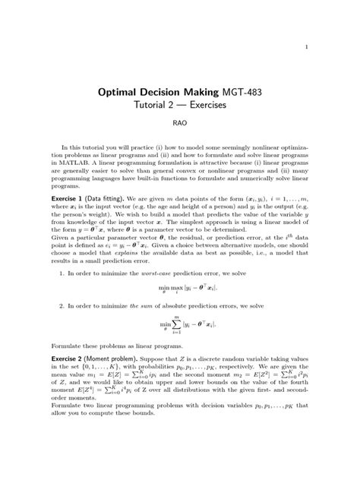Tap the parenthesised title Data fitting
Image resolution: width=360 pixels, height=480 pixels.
click(125, 216)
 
